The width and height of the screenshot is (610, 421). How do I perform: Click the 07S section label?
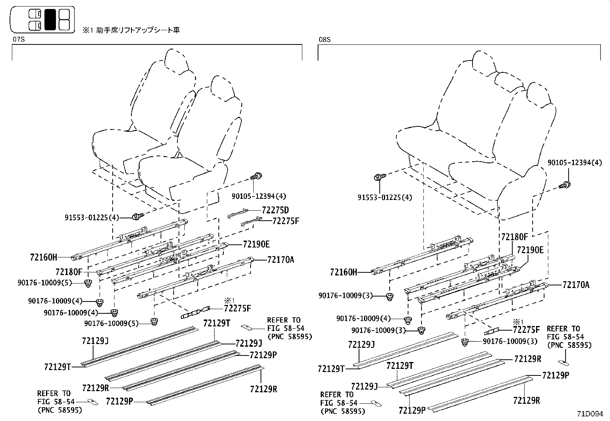point(19,39)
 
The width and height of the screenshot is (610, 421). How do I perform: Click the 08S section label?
point(325,39)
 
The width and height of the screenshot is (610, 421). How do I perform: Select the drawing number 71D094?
point(590,414)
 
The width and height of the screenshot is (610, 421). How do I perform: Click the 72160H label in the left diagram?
point(43,257)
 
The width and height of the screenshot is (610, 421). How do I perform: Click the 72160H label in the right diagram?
point(343,272)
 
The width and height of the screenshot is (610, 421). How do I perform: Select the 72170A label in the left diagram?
point(280,260)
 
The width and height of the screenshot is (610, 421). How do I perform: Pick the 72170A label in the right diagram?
point(576,285)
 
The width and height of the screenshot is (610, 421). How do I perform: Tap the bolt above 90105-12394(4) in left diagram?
point(256,177)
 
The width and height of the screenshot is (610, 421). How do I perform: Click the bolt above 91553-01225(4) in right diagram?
point(379,177)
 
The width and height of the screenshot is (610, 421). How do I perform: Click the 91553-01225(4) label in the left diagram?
point(92,218)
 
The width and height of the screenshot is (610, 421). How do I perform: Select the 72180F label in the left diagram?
point(69,272)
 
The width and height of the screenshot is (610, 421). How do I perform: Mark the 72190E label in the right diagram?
point(530,250)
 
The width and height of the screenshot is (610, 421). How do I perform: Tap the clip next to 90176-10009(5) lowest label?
point(155,321)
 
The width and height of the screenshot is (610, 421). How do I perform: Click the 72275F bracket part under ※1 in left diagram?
point(195,312)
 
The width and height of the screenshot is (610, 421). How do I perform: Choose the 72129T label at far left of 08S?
point(331,369)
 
